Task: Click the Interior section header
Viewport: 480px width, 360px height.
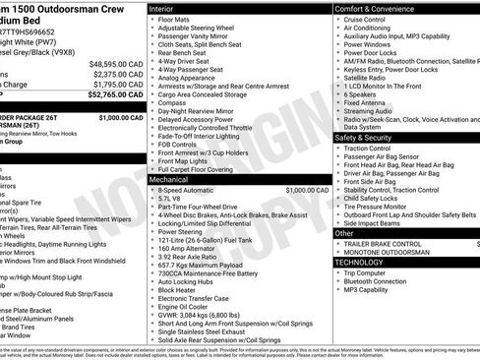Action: coord(162,8)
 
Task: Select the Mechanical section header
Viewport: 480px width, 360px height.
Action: coord(170,180)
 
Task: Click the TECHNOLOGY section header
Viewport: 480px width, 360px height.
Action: coord(360,263)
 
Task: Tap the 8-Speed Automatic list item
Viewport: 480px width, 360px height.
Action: coord(191,190)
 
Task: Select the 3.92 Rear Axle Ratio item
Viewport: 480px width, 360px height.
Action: coord(192,255)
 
